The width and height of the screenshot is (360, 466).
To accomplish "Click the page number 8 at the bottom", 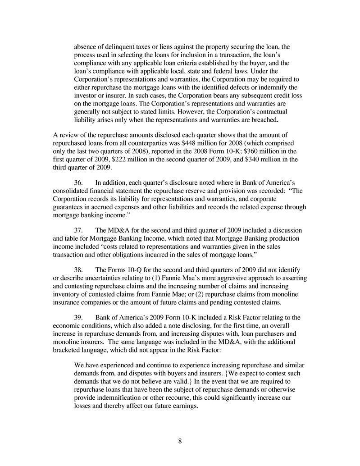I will (x=180, y=441).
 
